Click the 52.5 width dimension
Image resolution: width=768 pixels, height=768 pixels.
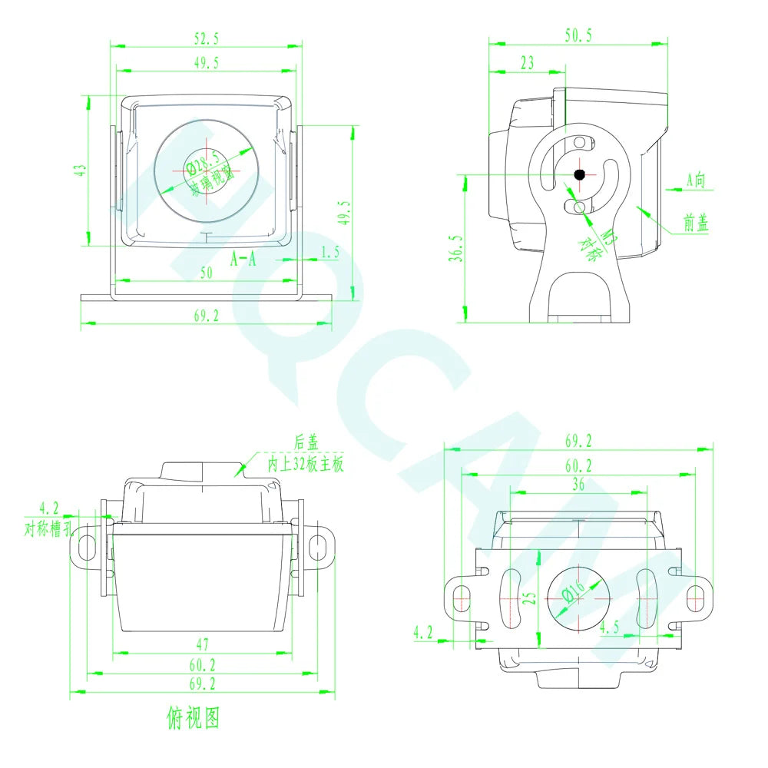[206, 37]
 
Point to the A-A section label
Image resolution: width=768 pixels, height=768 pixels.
[244, 259]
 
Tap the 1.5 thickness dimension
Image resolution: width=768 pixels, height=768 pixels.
[329, 251]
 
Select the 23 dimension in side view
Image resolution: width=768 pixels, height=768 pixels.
[526, 64]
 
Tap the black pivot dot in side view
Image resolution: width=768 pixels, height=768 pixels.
[580, 174]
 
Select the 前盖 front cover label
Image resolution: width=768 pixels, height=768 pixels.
[697, 223]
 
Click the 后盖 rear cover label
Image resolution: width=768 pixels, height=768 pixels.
[306, 442]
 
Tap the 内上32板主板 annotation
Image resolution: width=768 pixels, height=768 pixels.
[305, 464]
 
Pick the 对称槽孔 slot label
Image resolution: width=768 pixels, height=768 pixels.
[48, 529]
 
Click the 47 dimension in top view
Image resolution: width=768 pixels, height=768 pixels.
[203, 644]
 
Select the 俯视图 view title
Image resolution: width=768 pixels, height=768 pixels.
[193, 718]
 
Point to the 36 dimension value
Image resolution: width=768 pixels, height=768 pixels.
[578, 485]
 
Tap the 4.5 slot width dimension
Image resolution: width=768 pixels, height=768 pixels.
[608, 627]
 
